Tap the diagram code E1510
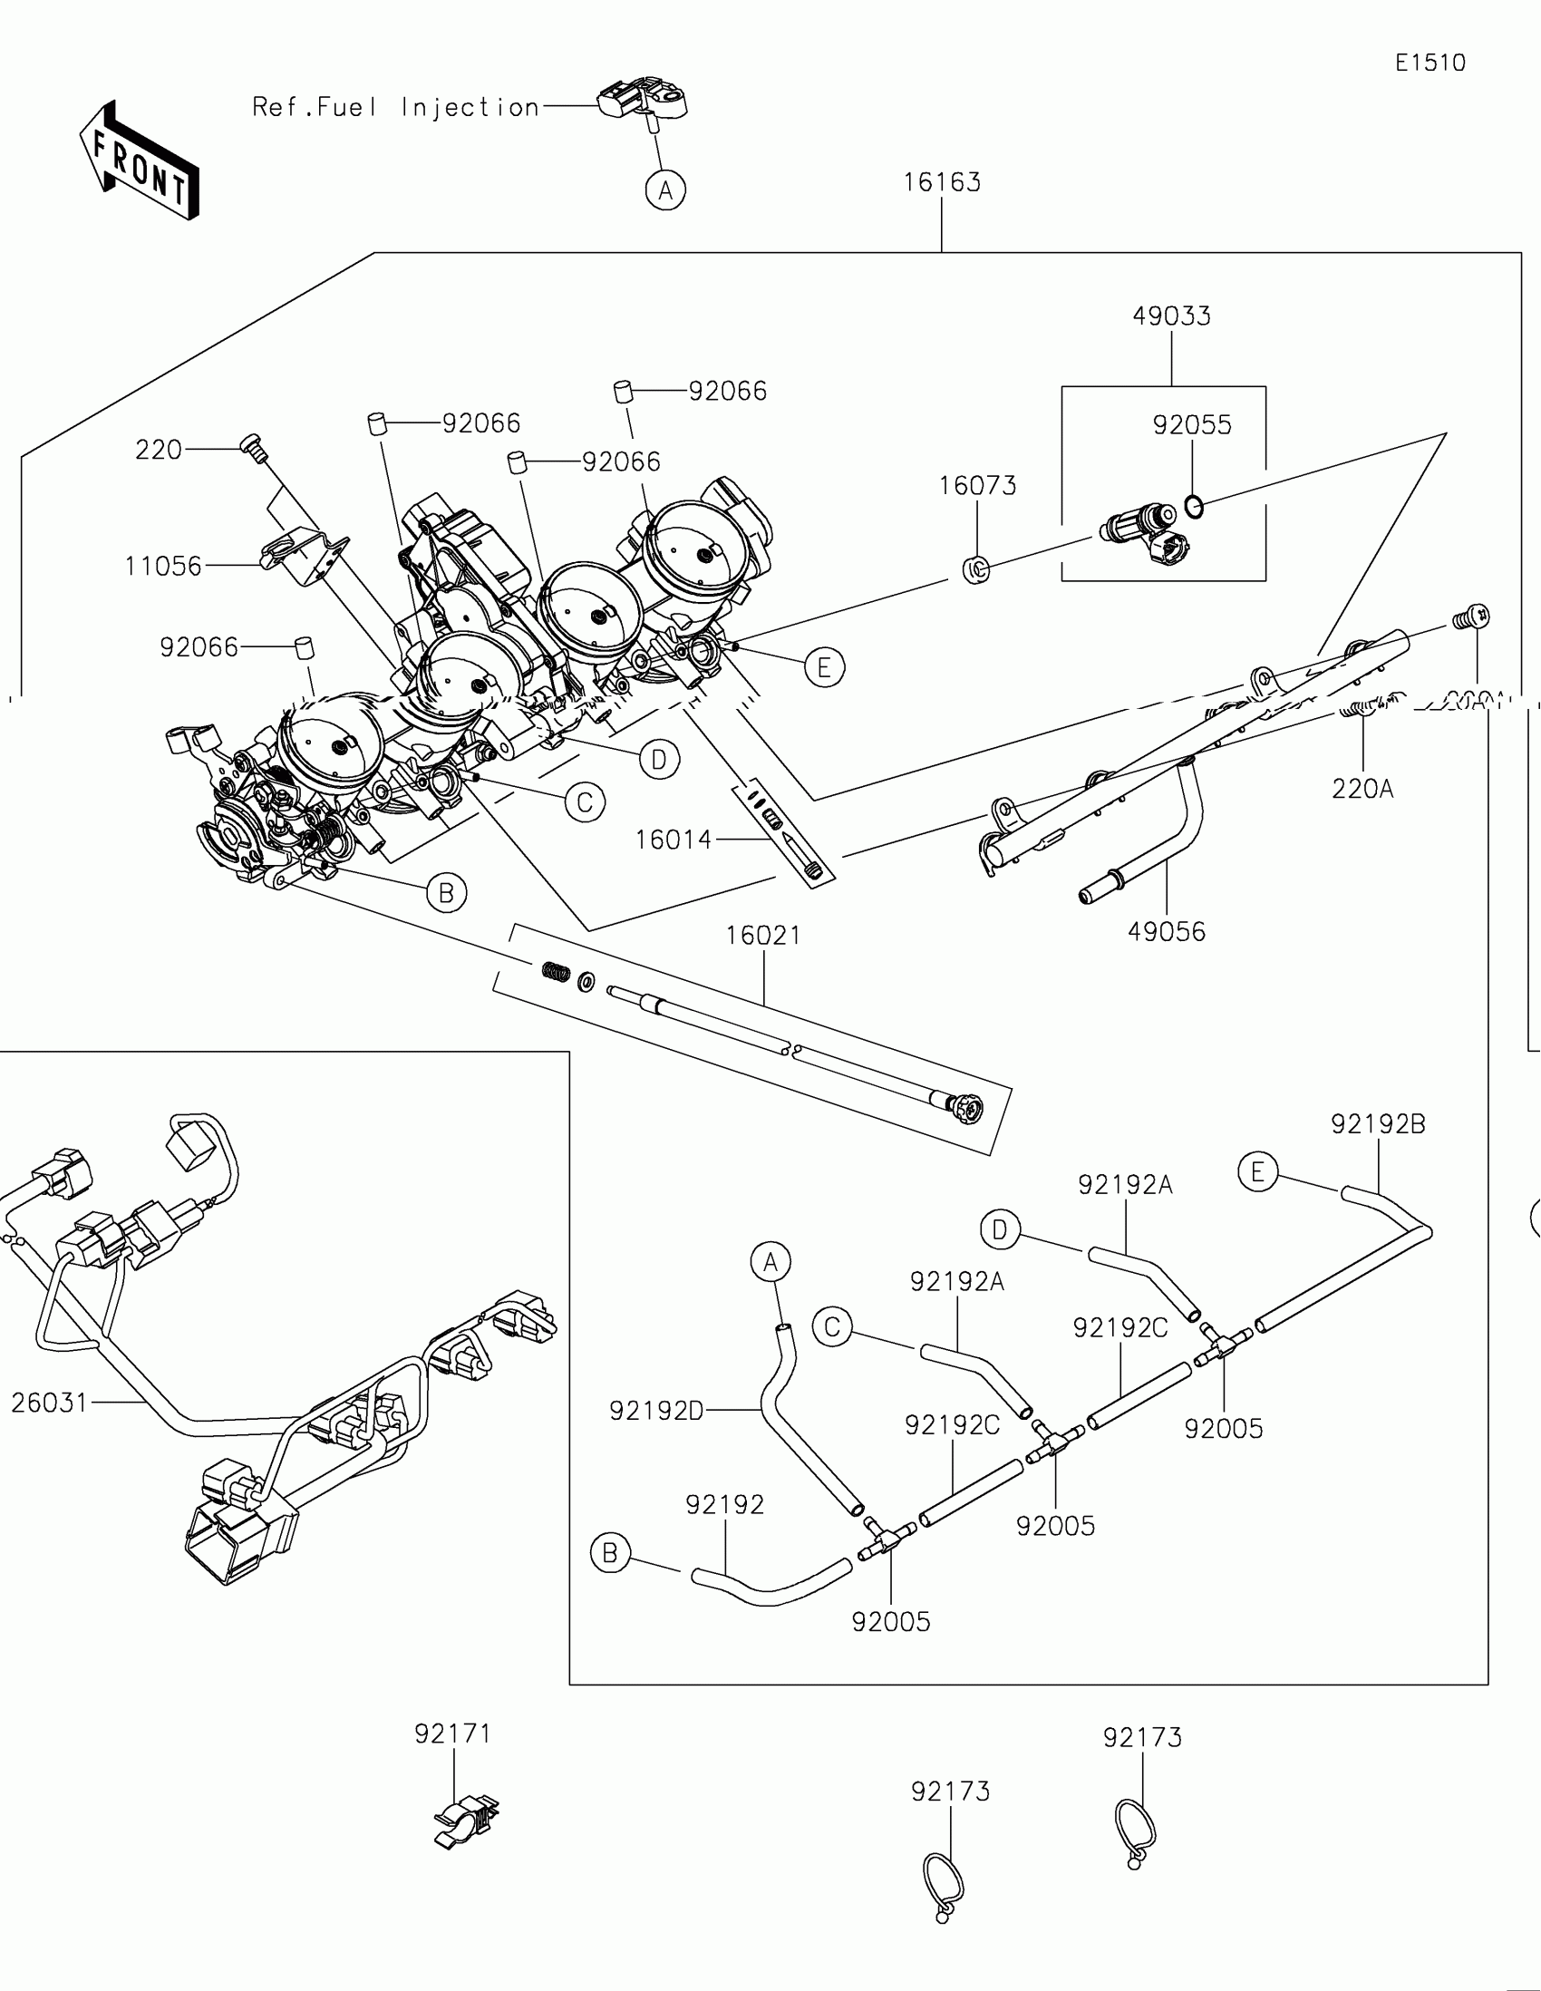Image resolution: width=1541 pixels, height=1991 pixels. [1430, 63]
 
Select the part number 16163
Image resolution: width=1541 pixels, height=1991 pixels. [941, 182]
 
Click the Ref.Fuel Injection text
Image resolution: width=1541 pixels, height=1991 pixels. [395, 108]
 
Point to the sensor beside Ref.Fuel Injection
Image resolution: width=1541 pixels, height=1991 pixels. [644, 102]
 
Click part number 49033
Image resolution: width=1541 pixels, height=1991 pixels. [1171, 316]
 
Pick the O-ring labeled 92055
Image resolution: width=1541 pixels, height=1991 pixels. [1194, 505]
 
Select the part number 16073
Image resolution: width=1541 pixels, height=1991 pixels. [977, 486]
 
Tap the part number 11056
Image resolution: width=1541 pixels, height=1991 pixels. [163, 566]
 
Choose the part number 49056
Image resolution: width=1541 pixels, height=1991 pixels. [1167, 932]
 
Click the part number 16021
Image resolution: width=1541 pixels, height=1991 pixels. [763, 936]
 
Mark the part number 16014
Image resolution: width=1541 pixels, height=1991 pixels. [674, 840]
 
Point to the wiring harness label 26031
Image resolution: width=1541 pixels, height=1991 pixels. [49, 1402]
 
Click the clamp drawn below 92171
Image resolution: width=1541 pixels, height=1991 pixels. [466, 1821]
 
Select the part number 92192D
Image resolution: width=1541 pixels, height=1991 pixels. [656, 1411]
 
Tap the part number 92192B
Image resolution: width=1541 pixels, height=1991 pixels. [1378, 1124]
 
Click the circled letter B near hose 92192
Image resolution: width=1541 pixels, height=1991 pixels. [611, 1553]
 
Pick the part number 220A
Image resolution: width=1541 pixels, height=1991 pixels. [1362, 789]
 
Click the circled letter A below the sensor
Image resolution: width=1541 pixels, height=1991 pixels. [665, 190]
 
